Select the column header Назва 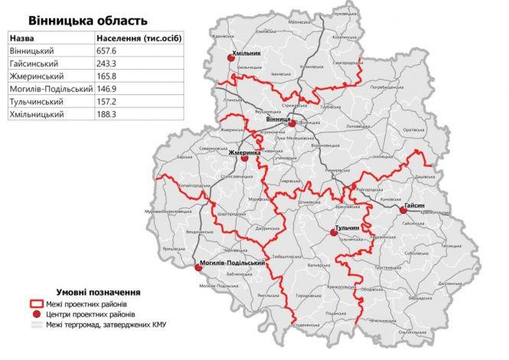(x=24, y=38)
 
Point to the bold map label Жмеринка (x=244, y=152)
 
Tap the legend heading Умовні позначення (x=97, y=292)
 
